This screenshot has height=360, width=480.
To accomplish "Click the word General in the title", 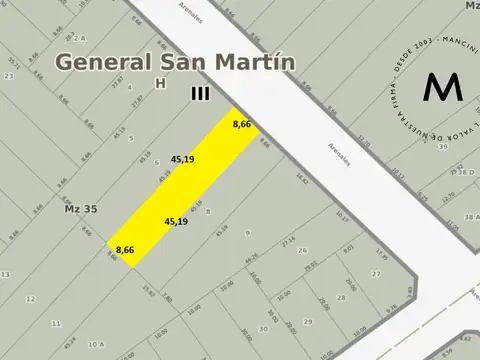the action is pos(98,61).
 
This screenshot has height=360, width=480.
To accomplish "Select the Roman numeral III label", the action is pos(201,92).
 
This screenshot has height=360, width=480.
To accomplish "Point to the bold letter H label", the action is pos(159,83).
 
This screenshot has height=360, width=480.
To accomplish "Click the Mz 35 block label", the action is pos(67,210).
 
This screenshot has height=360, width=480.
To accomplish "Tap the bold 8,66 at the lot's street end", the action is pos(241,125).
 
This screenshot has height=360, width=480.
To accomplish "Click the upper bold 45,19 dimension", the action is pos(182,159).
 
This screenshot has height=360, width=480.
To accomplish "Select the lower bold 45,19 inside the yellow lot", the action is pos(176,221).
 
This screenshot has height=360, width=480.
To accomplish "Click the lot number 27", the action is pos(376,272).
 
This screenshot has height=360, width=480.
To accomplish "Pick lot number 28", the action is pos(312,298).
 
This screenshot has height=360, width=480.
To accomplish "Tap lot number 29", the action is pos(308,321).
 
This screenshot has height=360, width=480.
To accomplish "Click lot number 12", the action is pos(30,298).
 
